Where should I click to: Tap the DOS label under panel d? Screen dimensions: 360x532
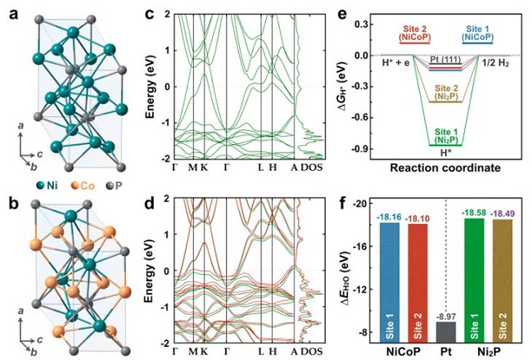311,351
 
